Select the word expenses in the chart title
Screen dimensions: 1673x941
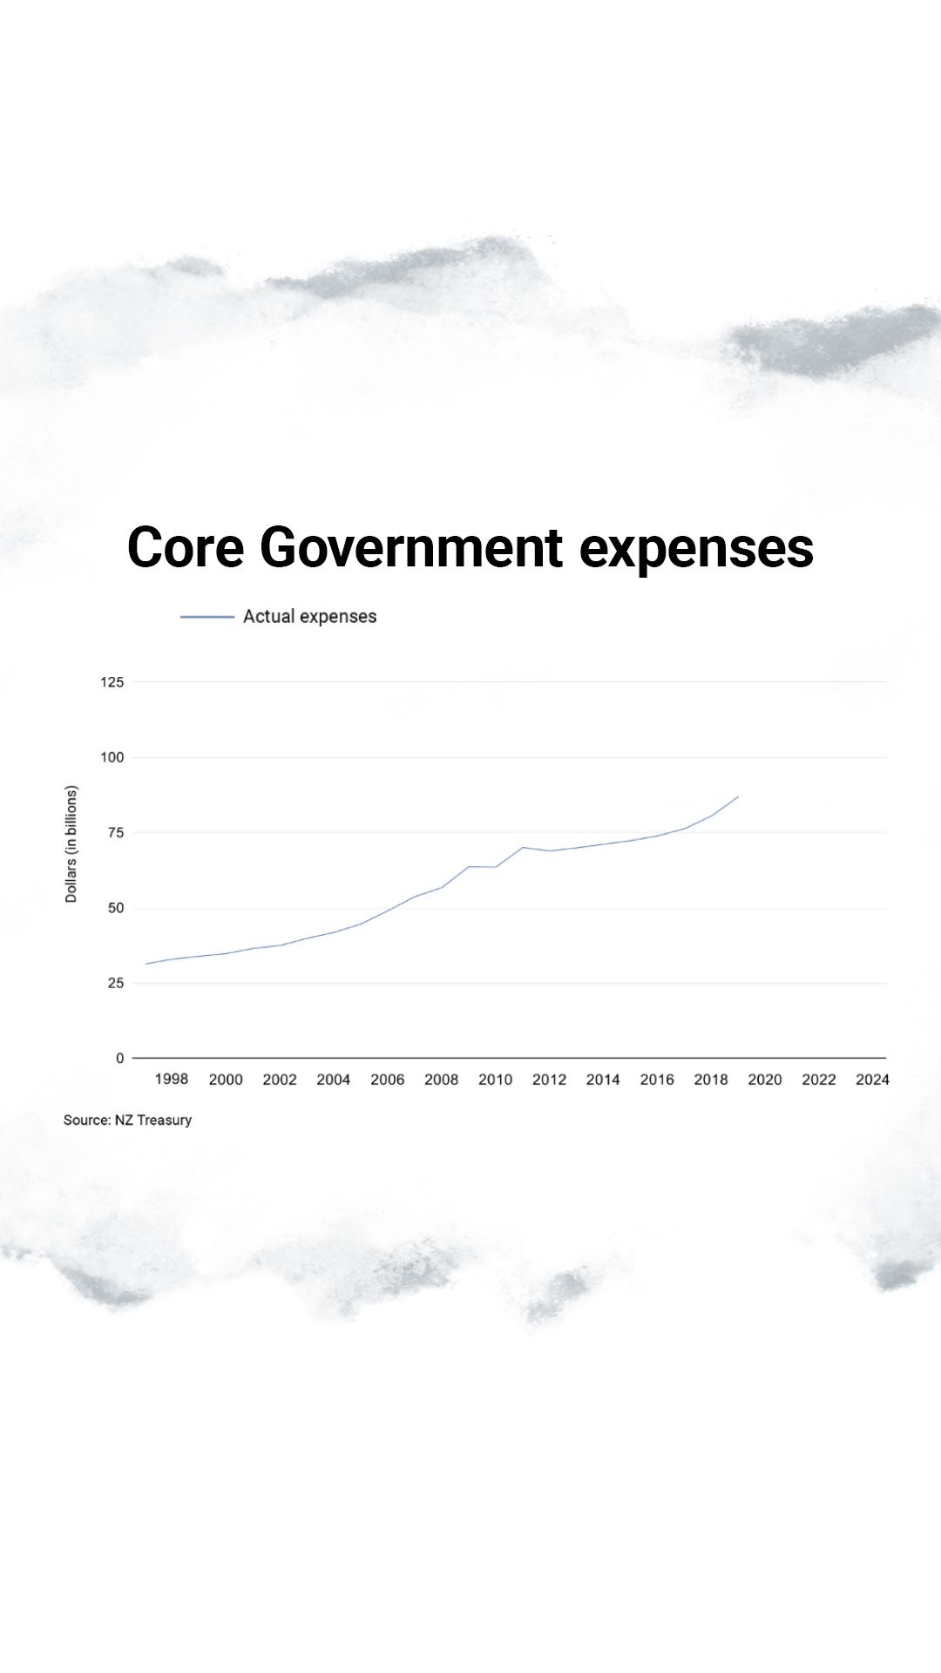click(696, 549)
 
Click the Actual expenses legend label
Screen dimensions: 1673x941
click(309, 616)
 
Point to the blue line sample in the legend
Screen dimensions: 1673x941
click(207, 617)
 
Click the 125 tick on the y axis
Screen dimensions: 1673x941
click(112, 682)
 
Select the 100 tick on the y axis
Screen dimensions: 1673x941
click(112, 757)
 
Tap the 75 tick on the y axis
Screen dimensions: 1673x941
click(115, 832)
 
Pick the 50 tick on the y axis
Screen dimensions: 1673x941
click(115, 908)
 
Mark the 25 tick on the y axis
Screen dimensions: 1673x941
click(115, 983)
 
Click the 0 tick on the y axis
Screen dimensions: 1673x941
click(120, 1058)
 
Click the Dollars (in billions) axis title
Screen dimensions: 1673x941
click(71, 844)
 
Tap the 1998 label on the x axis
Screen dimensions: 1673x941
click(172, 1079)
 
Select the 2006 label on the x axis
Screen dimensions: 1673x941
click(388, 1080)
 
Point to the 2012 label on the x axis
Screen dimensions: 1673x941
click(549, 1080)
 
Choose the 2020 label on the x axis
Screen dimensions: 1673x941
click(765, 1080)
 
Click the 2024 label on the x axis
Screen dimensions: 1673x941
click(872, 1080)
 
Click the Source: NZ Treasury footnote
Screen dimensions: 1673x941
click(127, 1120)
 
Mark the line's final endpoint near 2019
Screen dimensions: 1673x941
click(738, 796)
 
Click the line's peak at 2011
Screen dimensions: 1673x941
click(523, 847)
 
